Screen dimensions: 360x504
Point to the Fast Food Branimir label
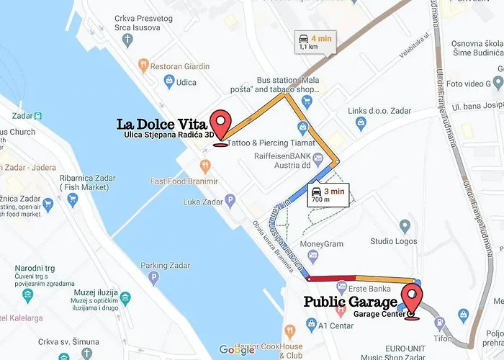(x=184, y=181)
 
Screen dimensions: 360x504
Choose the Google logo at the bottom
(x=236, y=350)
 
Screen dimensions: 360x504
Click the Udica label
(x=186, y=82)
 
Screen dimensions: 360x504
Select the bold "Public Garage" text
(x=350, y=302)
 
